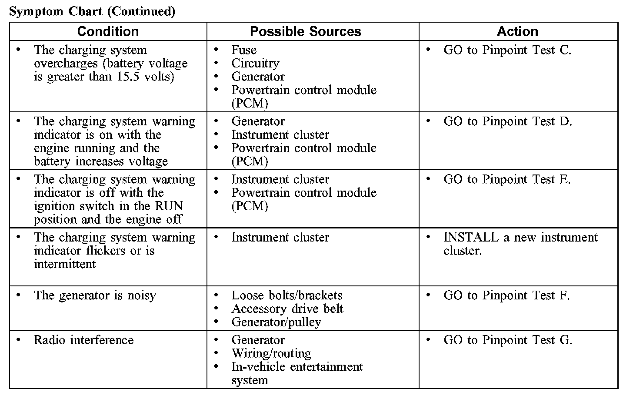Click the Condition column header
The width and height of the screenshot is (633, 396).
tap(108, 31)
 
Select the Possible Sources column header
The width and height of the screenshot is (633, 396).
tap(306, 31)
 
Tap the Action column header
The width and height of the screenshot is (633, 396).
tap(517, 31)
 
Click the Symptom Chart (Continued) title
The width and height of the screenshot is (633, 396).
tap(92, 11)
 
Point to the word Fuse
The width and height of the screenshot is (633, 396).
tap(244, 50)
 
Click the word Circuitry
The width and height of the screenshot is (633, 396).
tap(255, 63)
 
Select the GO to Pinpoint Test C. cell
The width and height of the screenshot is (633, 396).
tap(507, 50)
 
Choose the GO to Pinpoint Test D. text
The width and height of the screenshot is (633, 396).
tap(508, 121)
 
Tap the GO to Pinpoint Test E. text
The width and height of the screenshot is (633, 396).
tap(507, 179)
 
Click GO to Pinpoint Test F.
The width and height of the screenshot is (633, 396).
tap(506, 295)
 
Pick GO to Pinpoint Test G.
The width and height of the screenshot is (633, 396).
tap(508, 340)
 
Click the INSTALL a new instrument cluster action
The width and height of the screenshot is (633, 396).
tap(520, 244)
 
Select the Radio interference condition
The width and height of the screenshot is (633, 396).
tap(84, 340)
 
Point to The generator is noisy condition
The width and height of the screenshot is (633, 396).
tap(95, 295)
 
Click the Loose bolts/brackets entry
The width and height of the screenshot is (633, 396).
tap(287, 295)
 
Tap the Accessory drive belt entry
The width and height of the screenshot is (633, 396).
tap(287, 309)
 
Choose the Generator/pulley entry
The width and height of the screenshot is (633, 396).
tap(277, 322)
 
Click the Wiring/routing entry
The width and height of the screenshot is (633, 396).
tap(271, 353)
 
